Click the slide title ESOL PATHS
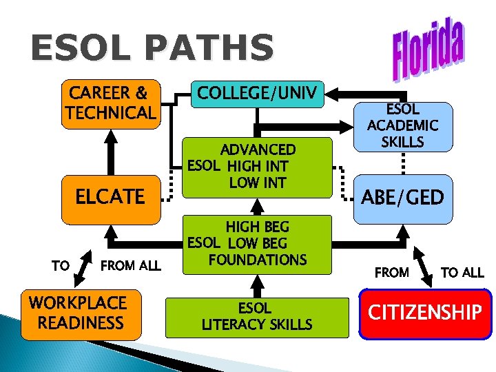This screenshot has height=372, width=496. (x=152, y=48)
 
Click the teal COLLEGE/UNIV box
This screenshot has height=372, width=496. (x=256, y=94)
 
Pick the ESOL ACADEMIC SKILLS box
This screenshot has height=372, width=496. (x=404, y=126)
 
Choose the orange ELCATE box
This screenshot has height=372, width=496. (x=110, y=196)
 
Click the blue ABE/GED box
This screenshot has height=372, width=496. (x=404, y=198)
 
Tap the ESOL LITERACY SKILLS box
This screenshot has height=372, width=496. (x=256, y=316)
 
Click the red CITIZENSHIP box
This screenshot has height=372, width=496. (x=425, y=313)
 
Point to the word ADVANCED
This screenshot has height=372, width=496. (x=258, y=149)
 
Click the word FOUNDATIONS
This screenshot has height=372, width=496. (x=257, y=260)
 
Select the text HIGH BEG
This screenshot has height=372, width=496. (x=258, y=227)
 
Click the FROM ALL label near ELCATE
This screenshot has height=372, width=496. (x=130, y=265)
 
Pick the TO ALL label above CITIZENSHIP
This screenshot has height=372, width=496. (x=462, y=272)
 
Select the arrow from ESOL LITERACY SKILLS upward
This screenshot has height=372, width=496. (x=256, y=284)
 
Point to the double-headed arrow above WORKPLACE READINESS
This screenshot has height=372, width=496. (x=81, y=268)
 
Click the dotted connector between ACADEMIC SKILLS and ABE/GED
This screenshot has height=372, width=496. (x=403, y=166)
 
